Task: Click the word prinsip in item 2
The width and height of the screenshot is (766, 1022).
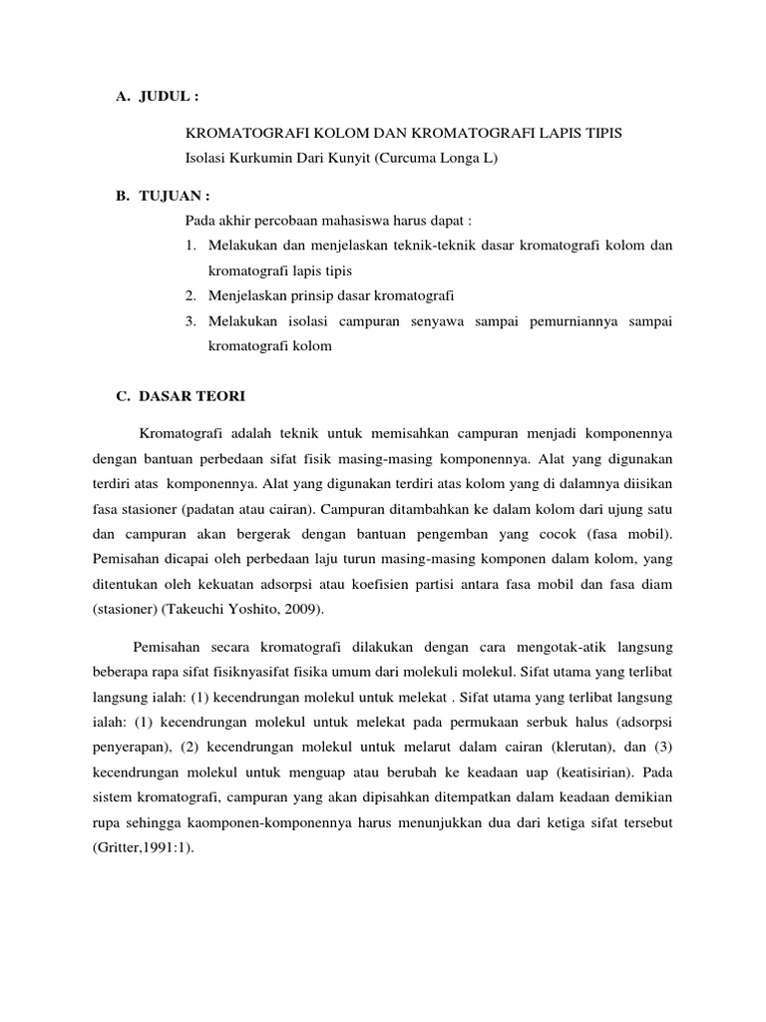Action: tap(329, 295)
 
